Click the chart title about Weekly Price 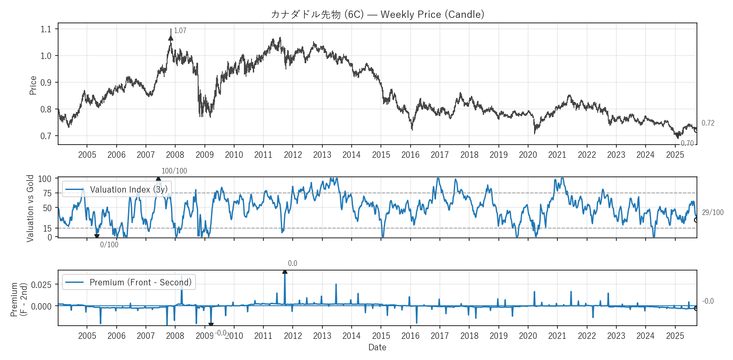coord(377,14)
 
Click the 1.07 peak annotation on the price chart coord(180,31)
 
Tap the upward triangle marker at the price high coord(171,38)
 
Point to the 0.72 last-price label coord(708,123)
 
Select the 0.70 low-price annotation coord(687,143)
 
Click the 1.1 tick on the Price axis coord(46,29)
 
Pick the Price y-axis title coord(33,85)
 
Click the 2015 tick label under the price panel coord(381,155)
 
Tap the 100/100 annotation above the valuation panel coord(174,171)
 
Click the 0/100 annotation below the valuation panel coord(109,245)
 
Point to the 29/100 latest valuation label coord(713,212)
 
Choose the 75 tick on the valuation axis coord(47,193)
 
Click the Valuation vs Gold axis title coord(30,208)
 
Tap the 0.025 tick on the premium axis coord(41,285)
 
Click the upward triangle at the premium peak coord(285,272)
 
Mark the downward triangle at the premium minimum coord(211,325)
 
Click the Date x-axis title coord(377,347)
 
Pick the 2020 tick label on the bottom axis coord(528,336)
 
